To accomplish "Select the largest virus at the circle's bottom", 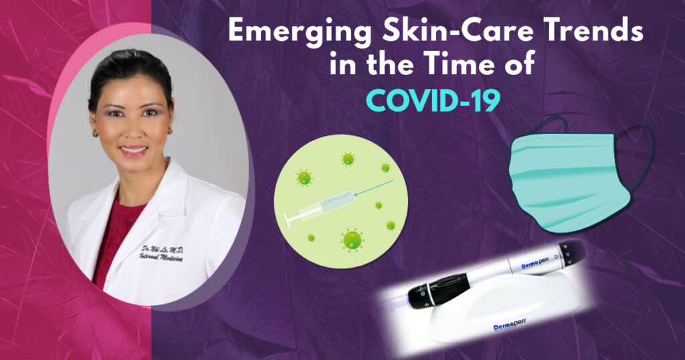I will (x=352, y=238).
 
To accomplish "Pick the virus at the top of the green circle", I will (x=348, y=159).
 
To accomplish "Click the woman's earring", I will (x=94, y=133).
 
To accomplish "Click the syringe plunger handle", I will (x=287, y=218).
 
